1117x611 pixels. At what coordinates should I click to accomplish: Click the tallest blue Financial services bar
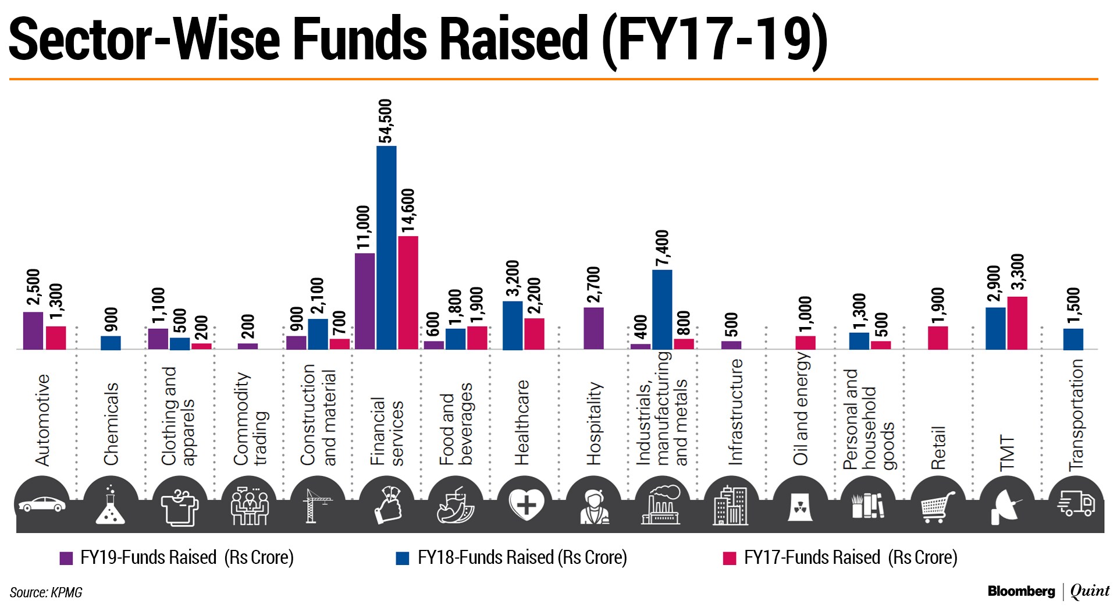tap(386, 247)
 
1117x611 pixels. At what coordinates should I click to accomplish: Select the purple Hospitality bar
tap(593, 328)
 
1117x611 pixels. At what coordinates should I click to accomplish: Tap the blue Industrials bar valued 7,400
tap(662, 309)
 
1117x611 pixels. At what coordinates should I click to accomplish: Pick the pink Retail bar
tap(937, 338)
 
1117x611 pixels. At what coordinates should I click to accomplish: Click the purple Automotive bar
tap(33, 331)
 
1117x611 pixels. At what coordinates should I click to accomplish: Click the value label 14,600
tap(408, 211)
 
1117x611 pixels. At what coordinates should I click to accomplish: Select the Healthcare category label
tap(522, 422)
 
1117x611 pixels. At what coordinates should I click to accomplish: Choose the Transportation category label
tap(1076, 415)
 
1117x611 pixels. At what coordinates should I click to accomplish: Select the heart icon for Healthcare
tap(526, 504)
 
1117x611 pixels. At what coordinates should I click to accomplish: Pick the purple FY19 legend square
tap(66, 559)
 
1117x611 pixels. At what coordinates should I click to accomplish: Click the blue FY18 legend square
tap(403, 559)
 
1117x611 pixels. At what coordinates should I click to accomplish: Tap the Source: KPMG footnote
tap(46, 593)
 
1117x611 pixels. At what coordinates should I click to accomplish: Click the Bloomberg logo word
tap(1021, 592)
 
